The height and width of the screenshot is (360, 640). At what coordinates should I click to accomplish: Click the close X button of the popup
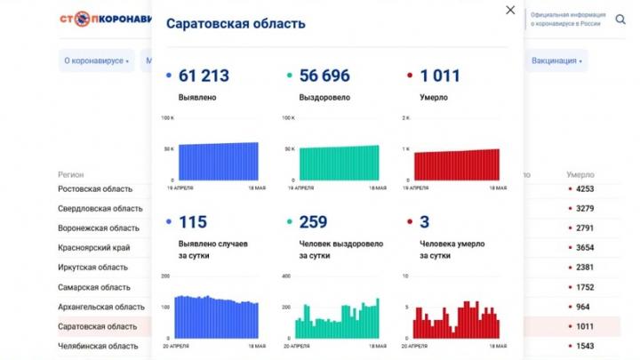(x=509, y=10)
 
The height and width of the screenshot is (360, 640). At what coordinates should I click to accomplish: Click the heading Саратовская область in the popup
(x=236, y=24)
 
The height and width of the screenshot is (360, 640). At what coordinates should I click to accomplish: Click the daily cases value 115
(x=193, y=222)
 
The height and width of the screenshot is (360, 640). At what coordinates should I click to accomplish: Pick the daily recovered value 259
(x=313, y=222)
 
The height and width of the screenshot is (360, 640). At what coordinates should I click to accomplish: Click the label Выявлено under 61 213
(x=197, y=96)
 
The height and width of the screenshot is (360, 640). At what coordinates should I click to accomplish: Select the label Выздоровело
(x=326, y=96)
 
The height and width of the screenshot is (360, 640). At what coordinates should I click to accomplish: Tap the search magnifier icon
(x=620, y=20)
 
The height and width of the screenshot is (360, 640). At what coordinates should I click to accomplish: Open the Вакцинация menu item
(x=556, y=61)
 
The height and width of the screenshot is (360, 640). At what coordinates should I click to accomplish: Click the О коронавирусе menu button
(x=97, y=61)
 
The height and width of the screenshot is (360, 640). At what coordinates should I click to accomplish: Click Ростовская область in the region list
(x=95, y=188)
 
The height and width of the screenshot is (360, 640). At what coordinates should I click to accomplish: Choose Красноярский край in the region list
(x=93, y=247)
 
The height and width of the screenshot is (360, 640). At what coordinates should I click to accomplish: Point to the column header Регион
(x=71, y=174)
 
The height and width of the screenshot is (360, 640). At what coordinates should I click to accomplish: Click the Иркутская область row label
(x=93, y=267)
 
